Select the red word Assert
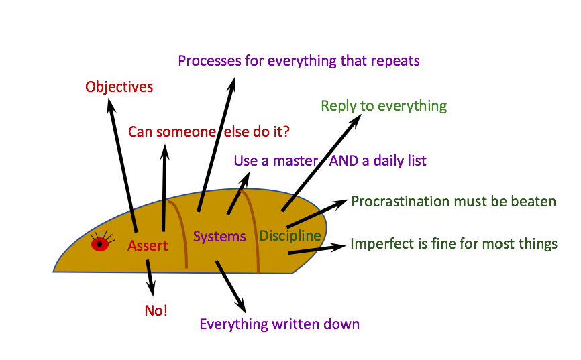pyautogui.click(x=148, y=246)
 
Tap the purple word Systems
pyautogui.click(x=219, y=236)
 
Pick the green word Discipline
pyautogui.click(x=290, y=235)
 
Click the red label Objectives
pyautogui.click(x=119, y=87)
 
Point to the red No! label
pyautogui.click(x=156, y=310)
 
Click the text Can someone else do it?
pyautogui.click(x=209, y=131)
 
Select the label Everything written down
pyautogui.click(x=279, y=324)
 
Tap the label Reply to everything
pyautogui.click(x=384, y=106)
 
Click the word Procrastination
pyautogui.click(x=397, y=201)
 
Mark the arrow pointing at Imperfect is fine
pyautogui.click(x=315, y=249)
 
